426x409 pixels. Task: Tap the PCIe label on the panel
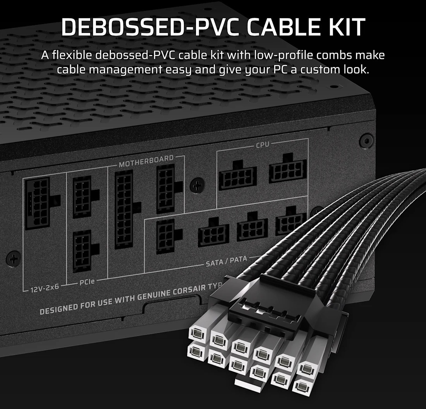pyautogui.click(x=87, y=282)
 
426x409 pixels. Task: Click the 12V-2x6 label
pyautogui.click(x=43, y=288)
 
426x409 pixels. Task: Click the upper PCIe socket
pyautogui.click(x=82, y=198)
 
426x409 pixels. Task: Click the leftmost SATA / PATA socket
pyautogui.click(x=166, y=236)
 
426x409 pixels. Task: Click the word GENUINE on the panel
pyautogui.click(x=148, y=299)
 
